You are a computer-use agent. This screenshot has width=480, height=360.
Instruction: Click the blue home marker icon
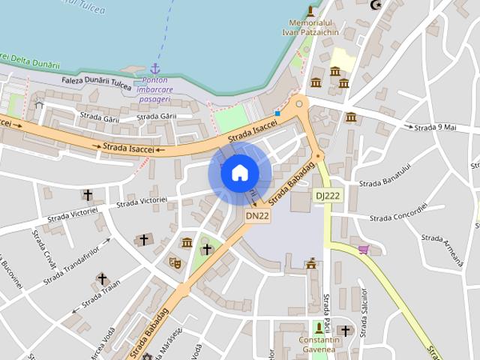point(239,172)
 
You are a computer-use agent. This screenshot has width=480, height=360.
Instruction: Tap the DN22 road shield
point(257,215)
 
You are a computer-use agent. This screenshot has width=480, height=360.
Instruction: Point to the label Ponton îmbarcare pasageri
point(154,89)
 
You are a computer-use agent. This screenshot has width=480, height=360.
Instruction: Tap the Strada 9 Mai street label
point(435,127)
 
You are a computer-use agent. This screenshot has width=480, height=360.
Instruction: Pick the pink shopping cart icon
point(364,249)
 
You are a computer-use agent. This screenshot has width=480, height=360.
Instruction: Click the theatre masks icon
point(174,262)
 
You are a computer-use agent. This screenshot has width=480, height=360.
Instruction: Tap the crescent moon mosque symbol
point(376,6)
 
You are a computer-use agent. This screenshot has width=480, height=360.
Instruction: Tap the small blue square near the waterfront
point(277,113)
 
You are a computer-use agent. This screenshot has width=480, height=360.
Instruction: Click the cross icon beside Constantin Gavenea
point(345,330)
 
